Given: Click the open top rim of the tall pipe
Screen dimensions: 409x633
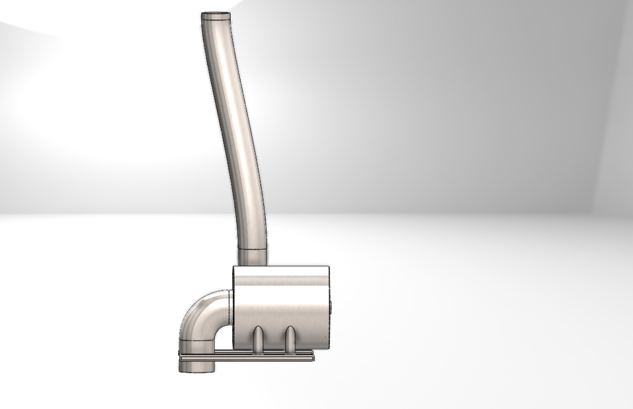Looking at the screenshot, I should click(216, 15).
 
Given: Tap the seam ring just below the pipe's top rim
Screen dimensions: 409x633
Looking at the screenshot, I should click(216, 21).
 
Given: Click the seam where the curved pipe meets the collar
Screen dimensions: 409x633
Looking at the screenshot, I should click(251, 249).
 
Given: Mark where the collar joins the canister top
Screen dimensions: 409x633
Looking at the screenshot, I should click(251, 265).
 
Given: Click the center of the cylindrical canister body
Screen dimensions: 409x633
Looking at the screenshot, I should click(281, 306).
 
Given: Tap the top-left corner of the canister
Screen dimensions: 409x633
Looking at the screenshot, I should click(235, 268).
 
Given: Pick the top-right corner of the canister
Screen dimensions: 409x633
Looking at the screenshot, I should click(328, 267).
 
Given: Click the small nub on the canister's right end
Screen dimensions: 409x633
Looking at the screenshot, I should click(330, 307).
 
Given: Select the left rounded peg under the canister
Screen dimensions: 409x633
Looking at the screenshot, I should click(258, 338).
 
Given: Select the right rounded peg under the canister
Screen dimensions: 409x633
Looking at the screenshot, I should click(289, 338).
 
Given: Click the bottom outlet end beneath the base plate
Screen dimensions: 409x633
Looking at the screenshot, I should click(197, 367).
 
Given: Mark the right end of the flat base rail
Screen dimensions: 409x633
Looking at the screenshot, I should click(312, 356).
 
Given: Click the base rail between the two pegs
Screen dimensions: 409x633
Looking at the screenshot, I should click(274, 356).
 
